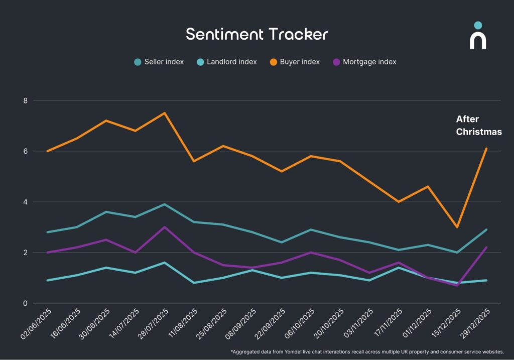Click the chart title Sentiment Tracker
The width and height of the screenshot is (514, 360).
tap(256, 34)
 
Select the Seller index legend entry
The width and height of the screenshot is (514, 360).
tap(159, 62)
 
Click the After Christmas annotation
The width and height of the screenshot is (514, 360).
tap(478, 126)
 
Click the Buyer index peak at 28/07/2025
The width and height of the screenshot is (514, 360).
tap(164, 113)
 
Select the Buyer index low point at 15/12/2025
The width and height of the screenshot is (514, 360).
tap(457, 227)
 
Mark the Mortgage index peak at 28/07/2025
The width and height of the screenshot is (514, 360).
tap(164, 227)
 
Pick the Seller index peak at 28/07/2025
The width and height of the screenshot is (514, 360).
tap(164, 204)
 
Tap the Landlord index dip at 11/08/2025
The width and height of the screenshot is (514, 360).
tap(194, 283)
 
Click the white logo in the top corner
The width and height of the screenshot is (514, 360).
tap(478, 36)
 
